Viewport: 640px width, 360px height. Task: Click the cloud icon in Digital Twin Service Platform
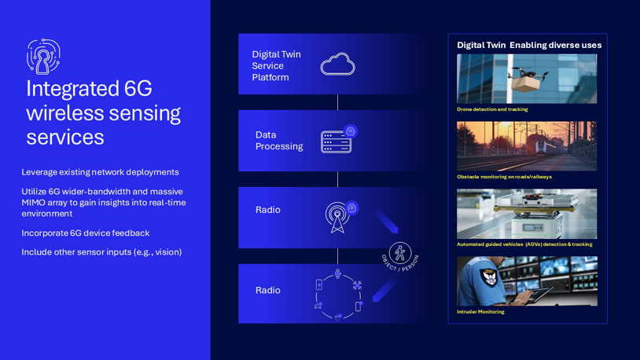tap(337, 64)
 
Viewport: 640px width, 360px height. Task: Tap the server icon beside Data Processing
tap(337, 141)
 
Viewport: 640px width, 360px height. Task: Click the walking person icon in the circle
tap(400, 254)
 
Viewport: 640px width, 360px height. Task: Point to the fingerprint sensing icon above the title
tap(43, 57)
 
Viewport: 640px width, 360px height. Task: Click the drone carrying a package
tap(527, 77)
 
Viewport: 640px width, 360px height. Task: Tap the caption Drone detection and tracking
tap(492, 109)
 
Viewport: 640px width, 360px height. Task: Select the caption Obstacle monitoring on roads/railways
tap(504, 177)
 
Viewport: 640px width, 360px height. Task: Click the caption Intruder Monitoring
tap(480, 312)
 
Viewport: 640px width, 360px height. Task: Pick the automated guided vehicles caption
tap(524, 244)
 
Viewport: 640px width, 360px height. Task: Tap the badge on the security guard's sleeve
tap(488, 277)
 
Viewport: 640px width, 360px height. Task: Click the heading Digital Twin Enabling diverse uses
tap(529, 46)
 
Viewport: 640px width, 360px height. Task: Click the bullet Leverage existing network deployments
tap(100, 172)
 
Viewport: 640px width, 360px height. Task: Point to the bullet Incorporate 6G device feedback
tap(85, 233)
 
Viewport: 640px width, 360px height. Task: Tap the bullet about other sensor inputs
tap(101, 252)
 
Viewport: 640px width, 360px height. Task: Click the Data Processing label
tap(278, 141)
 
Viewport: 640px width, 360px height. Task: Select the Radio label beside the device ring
tap(267, 291)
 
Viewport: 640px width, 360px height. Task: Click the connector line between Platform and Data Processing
tap(337, 102)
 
